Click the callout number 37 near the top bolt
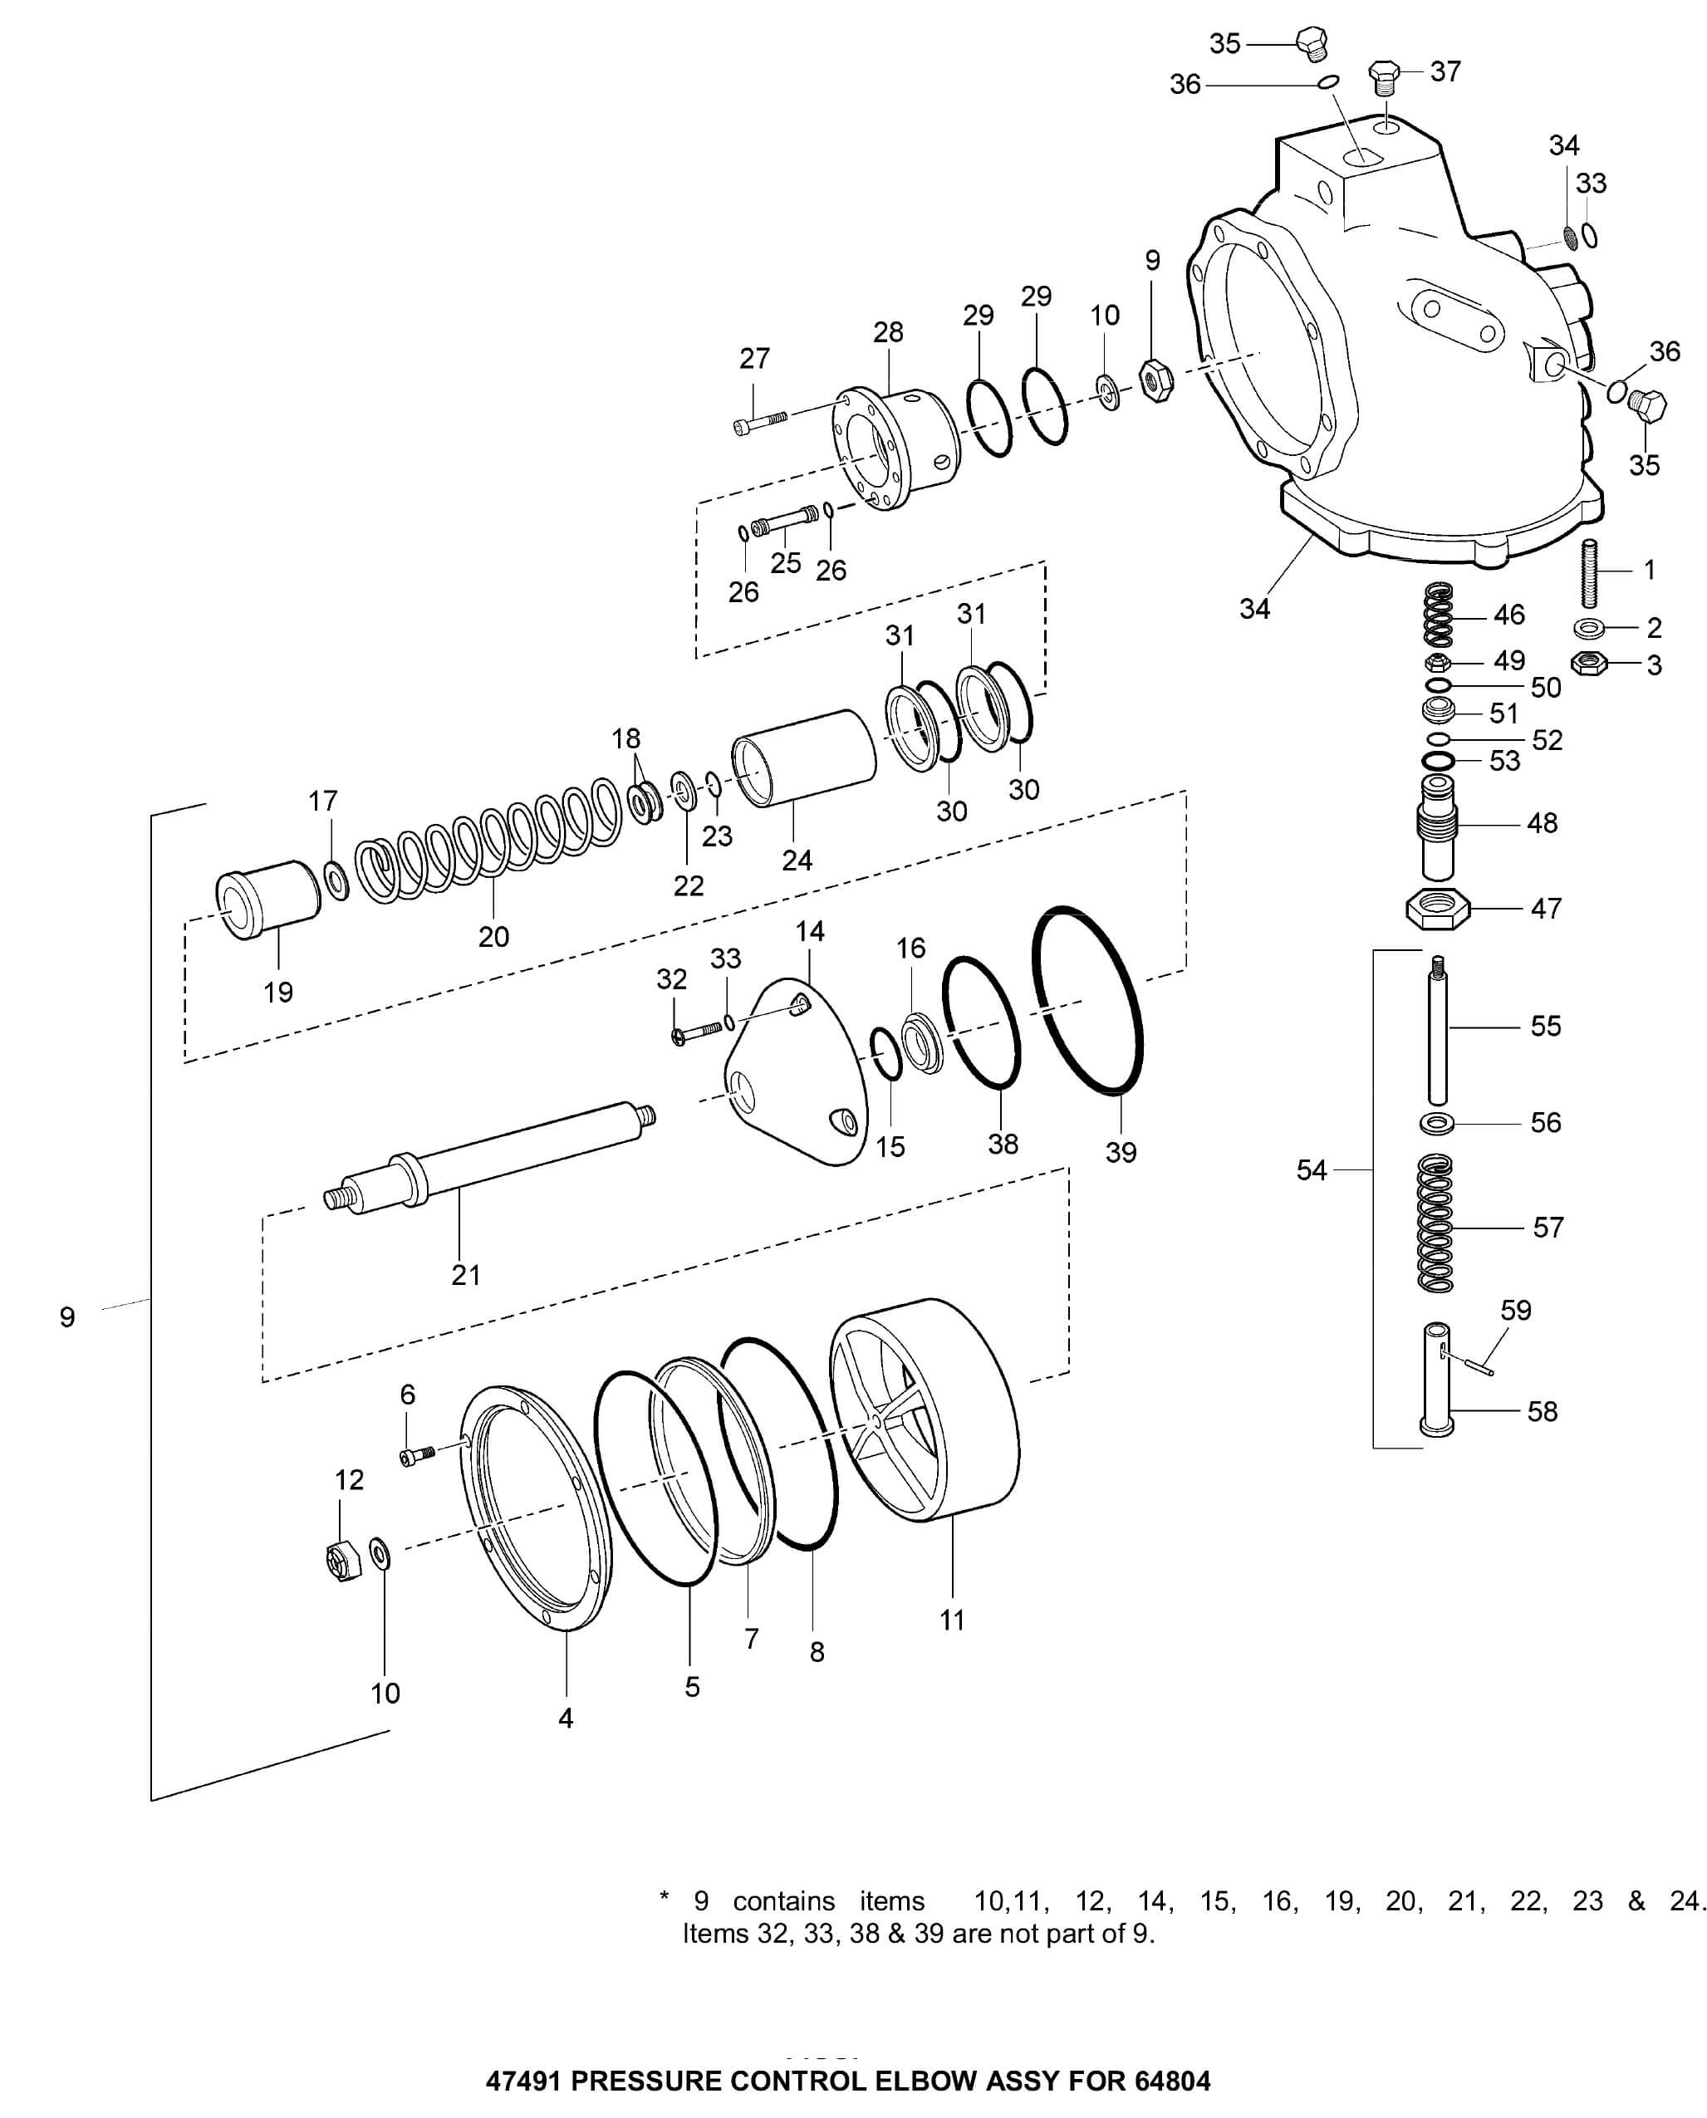[x=1445, y=71]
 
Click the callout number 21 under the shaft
[x=466, y=1275]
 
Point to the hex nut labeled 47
[x=1436, y=909]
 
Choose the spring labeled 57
[x=1435, y=1224]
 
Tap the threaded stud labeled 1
[x=1589, y=573]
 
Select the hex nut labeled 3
[x=1588, y=664]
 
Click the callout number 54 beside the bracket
[x=1311, y=1170]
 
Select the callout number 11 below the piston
[x=952, y=1620]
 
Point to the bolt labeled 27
[x=759, y=422]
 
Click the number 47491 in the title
[x=524, y=2081]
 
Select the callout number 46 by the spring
[x=1508, y=615]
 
